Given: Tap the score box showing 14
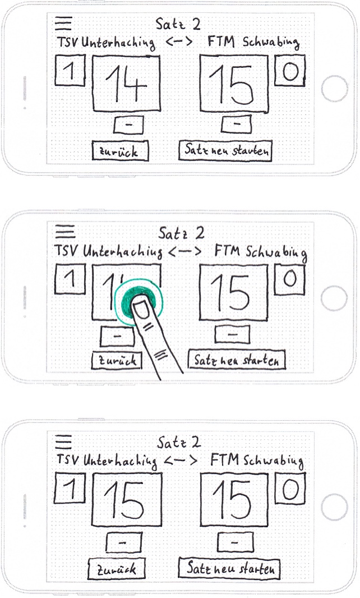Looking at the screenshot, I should pos(126,84).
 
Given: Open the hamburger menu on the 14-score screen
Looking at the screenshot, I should pos(64,23).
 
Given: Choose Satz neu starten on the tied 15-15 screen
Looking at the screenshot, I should pos(229,569).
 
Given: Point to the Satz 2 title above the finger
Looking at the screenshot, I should pos(181,233).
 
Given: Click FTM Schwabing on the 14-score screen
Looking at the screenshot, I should pos(253,42).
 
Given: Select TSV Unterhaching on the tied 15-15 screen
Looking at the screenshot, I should pos(107,461).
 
